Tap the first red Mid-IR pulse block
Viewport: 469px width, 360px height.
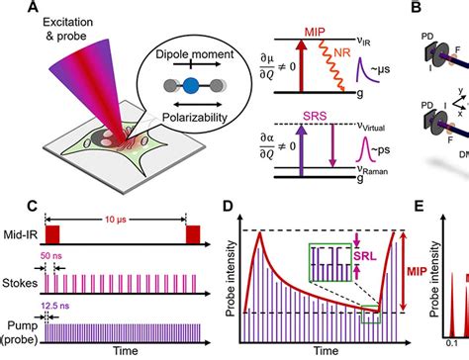tap(54, 236)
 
